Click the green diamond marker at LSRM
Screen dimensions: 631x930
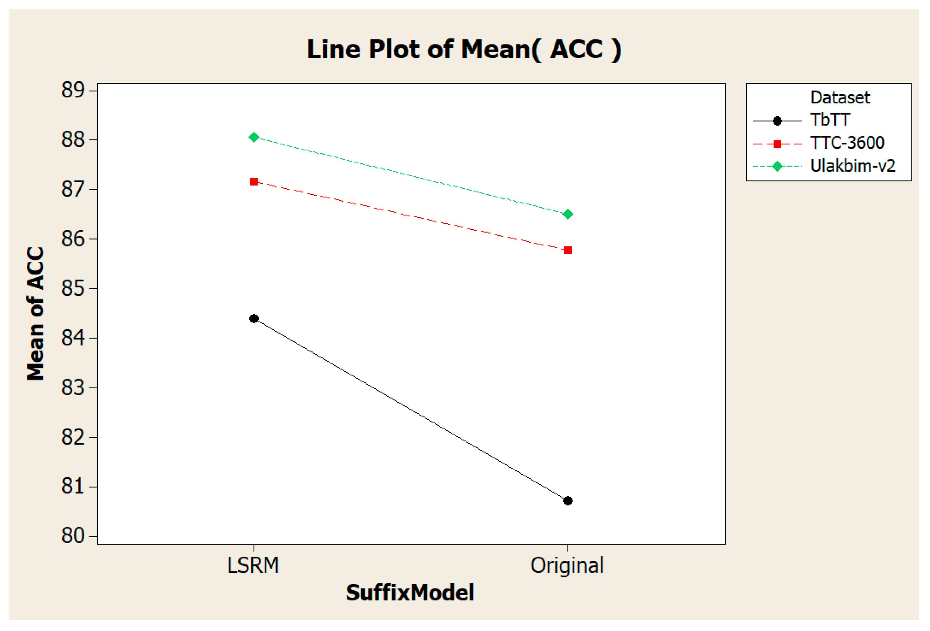(x=254, y=137)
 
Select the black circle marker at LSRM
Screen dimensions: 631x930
(x=254, y=319)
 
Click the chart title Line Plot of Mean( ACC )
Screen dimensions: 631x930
(x=464, y=50)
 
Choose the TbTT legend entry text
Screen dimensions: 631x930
(x=830, y=120)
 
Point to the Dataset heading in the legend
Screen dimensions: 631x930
(x=840, y=98)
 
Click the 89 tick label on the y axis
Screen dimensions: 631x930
(x=73, y=90)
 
